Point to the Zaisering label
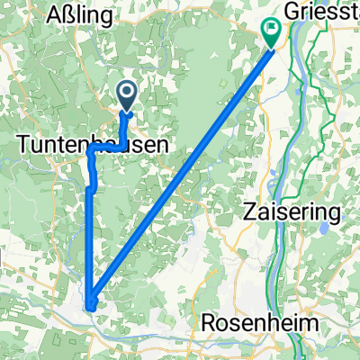click(292, 213)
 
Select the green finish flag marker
click(272, 32)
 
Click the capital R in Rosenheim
click(211, 323)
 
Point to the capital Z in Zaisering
click(249, 213)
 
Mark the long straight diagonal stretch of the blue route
click(180, 171)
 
